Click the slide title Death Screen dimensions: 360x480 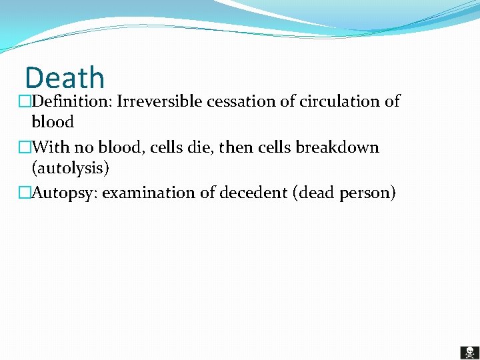point(65,78)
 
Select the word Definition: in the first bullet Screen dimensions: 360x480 point(71,101)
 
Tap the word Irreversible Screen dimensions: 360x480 point(159,101)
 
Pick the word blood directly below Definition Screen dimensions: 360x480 point(53,122)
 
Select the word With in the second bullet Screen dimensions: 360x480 point(51,147)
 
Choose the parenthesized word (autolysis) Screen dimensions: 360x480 point(70,168)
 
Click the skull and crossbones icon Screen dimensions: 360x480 point(469,352)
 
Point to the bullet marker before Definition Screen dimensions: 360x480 point(25,102)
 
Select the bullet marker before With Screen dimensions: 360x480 point(25,148)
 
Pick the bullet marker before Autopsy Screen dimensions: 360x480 point(25,194)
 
